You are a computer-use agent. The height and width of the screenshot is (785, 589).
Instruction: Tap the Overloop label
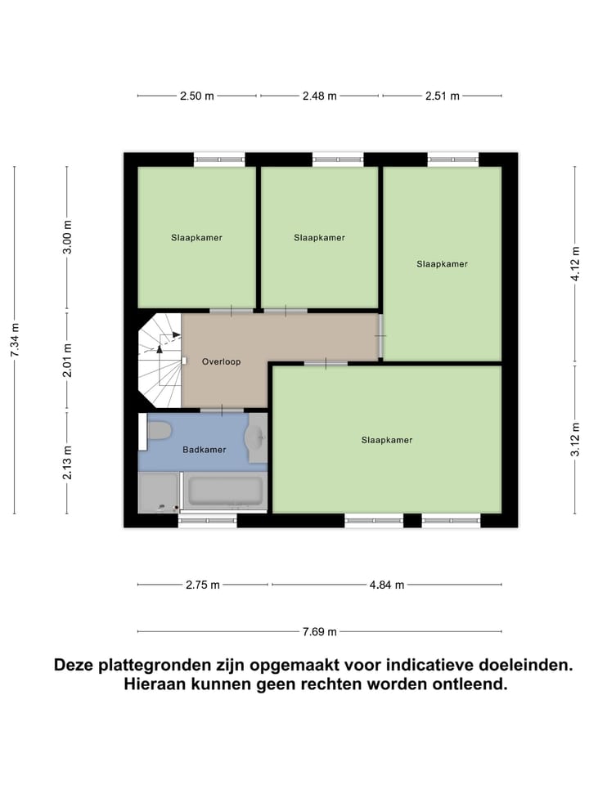pos(221,361)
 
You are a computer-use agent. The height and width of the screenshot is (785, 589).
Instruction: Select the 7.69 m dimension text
pos(319,631)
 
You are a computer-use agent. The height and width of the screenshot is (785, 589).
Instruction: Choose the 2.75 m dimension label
pos(202,585)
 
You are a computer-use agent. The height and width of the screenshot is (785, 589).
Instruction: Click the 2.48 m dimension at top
pos(319,96)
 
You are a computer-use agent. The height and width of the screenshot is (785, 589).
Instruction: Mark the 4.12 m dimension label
pos(576,264)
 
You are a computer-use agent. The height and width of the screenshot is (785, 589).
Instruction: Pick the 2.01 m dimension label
pos(68,361)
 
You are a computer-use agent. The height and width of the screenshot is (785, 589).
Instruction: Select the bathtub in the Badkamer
pos(225,491)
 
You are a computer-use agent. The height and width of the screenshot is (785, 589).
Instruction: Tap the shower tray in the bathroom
pos(158,492)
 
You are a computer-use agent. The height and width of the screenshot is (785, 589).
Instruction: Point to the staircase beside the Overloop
pos(160,360)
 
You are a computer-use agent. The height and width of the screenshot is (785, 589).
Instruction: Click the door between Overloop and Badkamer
pos(221,409)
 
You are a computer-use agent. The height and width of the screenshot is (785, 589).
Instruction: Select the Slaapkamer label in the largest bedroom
pos(387,440)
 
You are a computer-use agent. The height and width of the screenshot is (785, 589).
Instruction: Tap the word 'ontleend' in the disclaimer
pos(467,684)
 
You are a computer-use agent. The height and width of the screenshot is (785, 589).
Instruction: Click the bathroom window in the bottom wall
pos(207,519)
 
